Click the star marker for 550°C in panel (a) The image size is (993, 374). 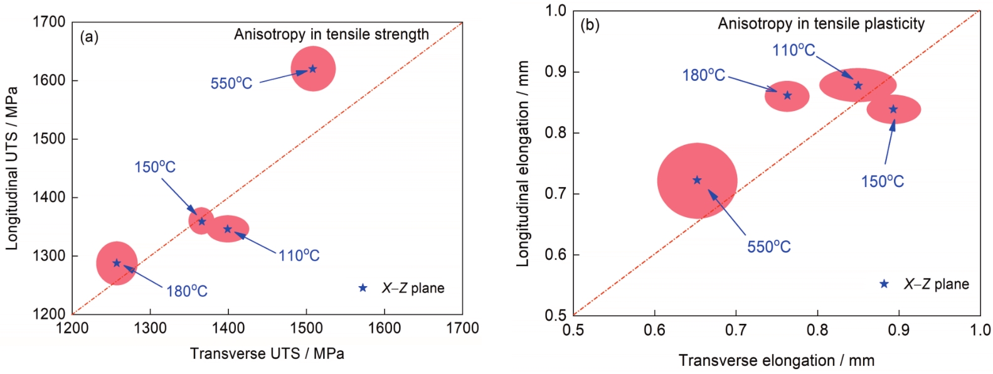click(x=313, y=68)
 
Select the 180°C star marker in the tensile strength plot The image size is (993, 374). click(x=117, y=263)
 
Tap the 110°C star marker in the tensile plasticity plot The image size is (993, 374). click(x=859, y=85)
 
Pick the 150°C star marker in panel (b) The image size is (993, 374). click(x=894, y=109)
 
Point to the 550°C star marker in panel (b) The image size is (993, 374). click(x=697, y=180)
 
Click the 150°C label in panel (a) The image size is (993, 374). click(x=155, y=167)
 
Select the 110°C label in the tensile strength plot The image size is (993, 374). click(x=299, y=255)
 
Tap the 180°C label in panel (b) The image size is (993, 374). click(x=703, y=75)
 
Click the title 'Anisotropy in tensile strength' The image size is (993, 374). click(x=331, y=35)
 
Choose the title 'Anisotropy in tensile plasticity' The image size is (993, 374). click(x=821, y=24)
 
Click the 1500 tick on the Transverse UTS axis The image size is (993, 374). click(x=306, y=328)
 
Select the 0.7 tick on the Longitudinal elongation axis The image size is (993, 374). click(x=554, y=194)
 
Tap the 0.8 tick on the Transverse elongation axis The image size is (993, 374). click(x=817, y=330)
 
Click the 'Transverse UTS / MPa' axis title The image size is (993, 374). click(x=267, y=354)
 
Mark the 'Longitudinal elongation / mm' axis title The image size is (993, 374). click(x=523, y=164)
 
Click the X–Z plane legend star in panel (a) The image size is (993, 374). click(x=363, y=288)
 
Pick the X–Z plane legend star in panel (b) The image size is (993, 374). click(x=884, y=284)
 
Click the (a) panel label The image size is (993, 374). click(x=89, y=36)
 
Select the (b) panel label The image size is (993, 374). click(x=590, y=25)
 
